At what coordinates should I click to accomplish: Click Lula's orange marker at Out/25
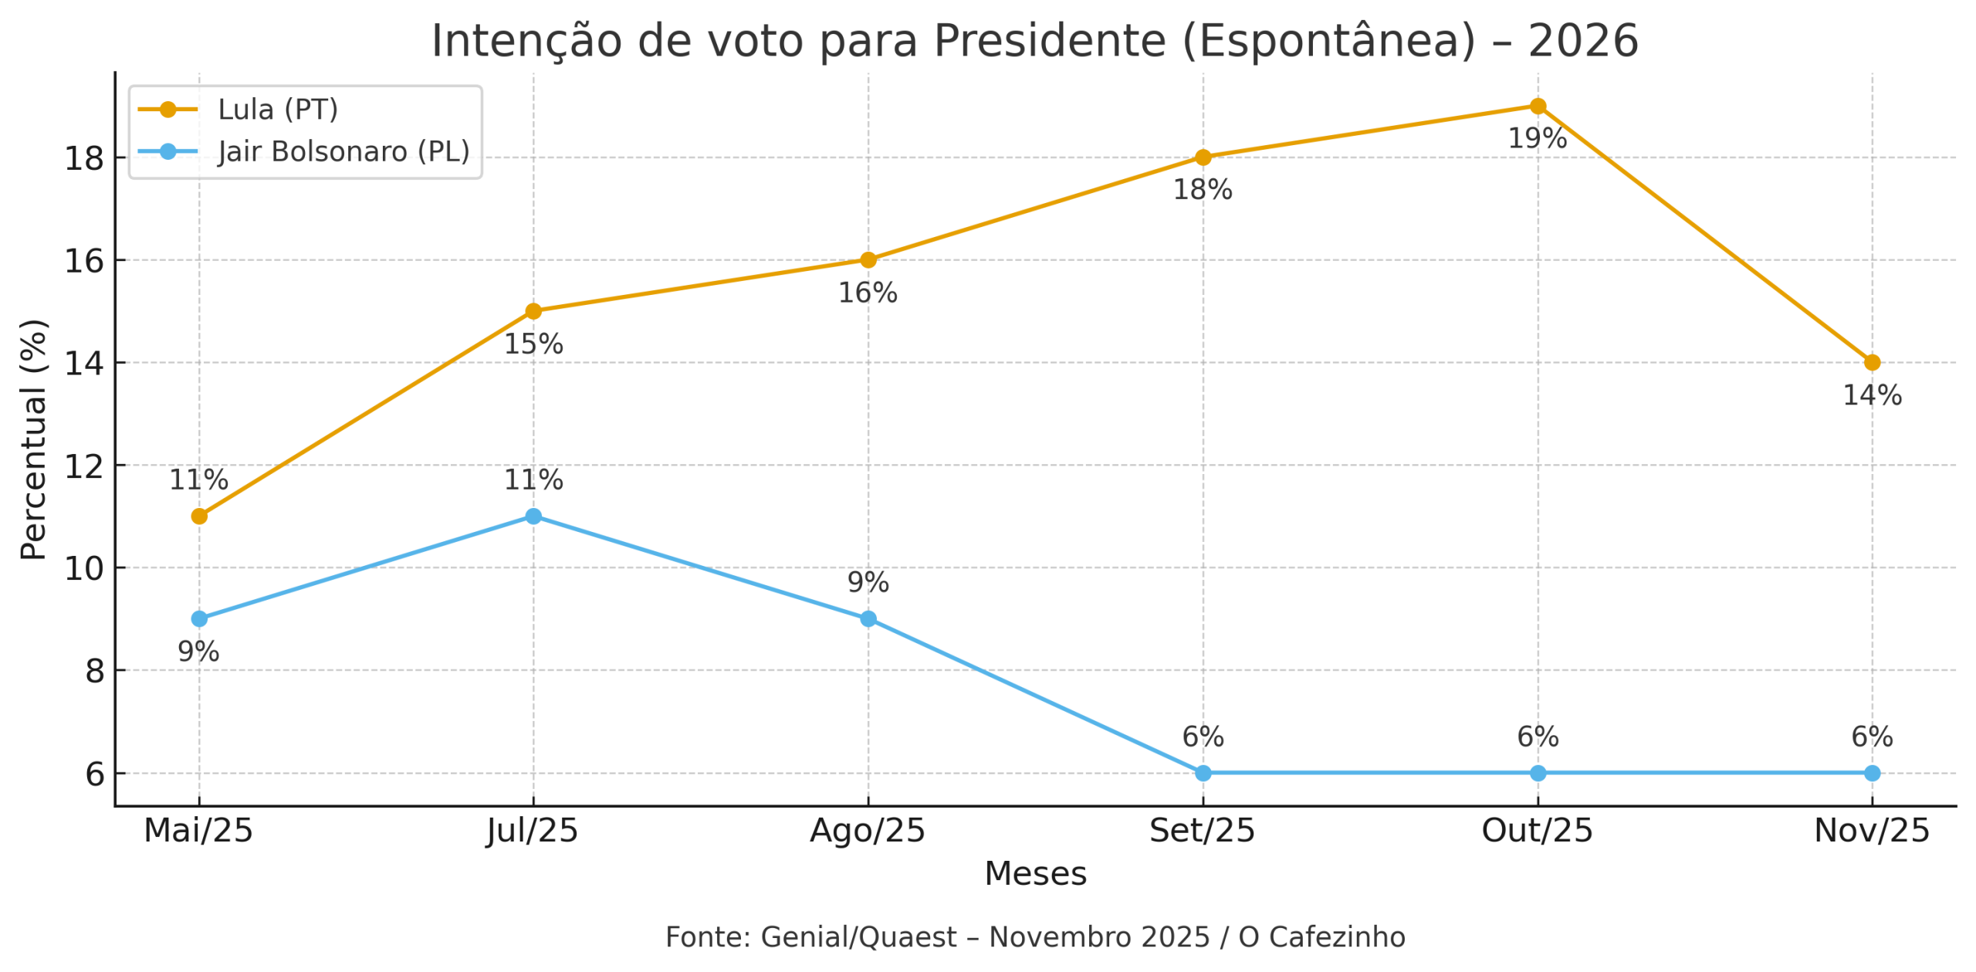(1538, 107)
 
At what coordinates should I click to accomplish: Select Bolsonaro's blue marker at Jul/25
(533, 516)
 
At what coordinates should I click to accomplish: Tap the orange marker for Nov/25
(1872, 363)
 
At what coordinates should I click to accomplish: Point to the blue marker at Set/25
(1203, 774)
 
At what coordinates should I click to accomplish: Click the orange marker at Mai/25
(199, 516)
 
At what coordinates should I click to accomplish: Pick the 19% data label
(1538, 139)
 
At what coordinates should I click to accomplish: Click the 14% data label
(1872, 396)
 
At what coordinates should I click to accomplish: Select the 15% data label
(533, 344)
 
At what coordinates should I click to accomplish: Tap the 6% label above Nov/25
(1872, 737)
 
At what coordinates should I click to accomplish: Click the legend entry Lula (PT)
(278, 110)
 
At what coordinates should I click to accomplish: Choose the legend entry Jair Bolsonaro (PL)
(343, 151)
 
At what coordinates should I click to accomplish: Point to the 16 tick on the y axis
(83, 261)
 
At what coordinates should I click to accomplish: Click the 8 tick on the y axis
(94, 672)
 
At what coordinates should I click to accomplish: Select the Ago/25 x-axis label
(868, 831)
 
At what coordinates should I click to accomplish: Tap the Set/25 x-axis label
(1203, 831)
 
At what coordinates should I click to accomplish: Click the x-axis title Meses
(1035, 874)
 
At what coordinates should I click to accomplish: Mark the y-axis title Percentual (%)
(34, 439)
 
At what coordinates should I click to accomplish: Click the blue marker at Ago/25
(868, 619)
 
